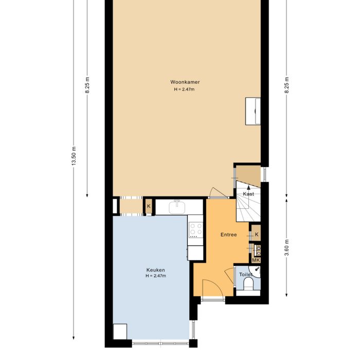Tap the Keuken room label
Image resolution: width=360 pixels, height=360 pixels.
[x=155, y=269]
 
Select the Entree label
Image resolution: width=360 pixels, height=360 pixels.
[x=228, y=235]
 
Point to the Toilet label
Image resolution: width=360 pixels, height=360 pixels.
[x=245, y=275]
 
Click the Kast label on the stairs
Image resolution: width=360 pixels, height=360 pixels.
[x=248, y=194]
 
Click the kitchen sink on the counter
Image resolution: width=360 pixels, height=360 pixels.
[x=178, y=207]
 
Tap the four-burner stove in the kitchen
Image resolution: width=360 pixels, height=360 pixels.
[x=195, y=230]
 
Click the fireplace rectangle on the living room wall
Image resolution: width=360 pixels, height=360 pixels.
[x=254, y=111]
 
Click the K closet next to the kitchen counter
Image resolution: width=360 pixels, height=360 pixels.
[x=149, y=207]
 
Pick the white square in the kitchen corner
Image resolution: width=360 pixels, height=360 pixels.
[x=120, y=332]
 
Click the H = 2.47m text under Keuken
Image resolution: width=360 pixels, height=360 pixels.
[x=155, y=276]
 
